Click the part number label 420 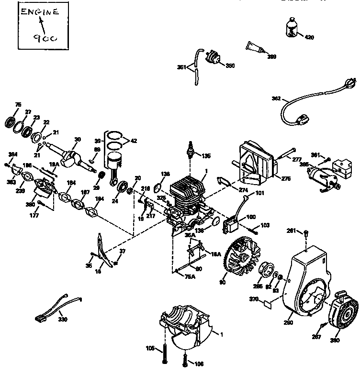pyautogui.click(x=310, y=37)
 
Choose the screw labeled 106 pyautogui.click(x=185, y=356)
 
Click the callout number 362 pyautogui.click(x=276, y=99)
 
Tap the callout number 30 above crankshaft pyautogui.click(x=78, y=140)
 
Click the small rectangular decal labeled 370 pyautogui.click(x=267, y=302)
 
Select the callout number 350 pyautogui.click(x=230, y=66)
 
